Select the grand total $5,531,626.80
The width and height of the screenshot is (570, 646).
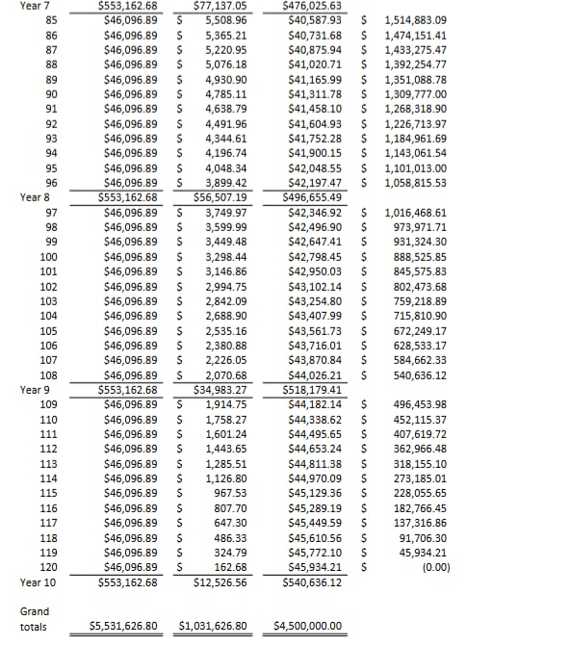[122, 626]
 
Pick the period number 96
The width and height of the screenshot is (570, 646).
[50, 183]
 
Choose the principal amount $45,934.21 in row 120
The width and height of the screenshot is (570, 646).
[315, 567]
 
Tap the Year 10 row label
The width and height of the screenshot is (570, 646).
[38, 582]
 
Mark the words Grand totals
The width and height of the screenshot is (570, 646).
[34, 618]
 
